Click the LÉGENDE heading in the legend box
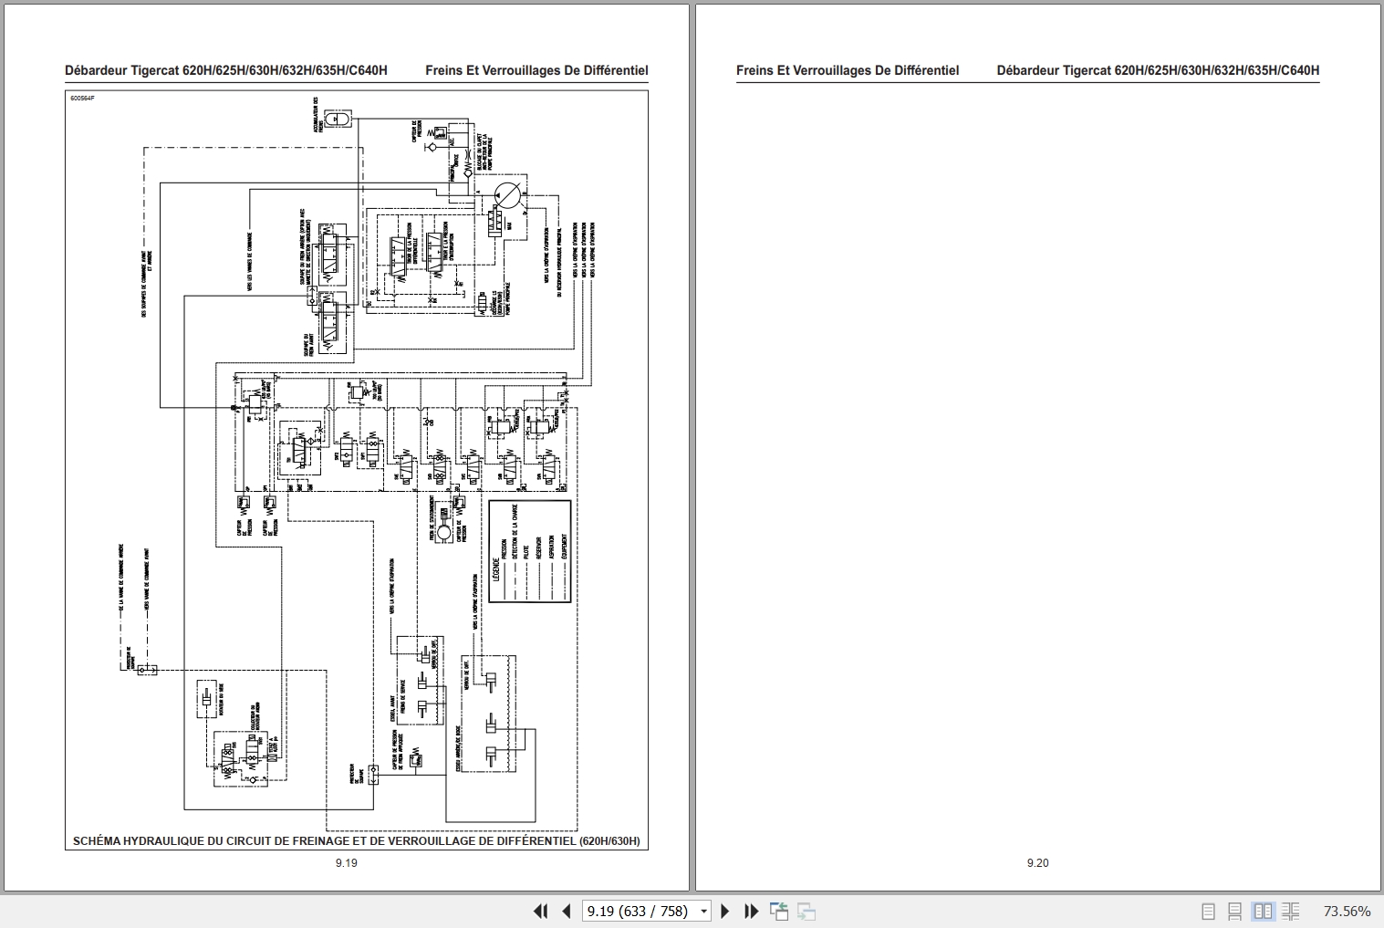[x=496, y=568]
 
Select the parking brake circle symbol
[x=444, y=532]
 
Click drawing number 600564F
[x=82, y=98]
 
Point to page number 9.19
[x=346, y=862]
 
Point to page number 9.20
[x=1037, y=862]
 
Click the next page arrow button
[x=725, y=911]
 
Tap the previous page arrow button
[x=567, y=911]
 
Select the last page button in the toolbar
[x=751, y=911]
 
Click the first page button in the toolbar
[x=540, y=911]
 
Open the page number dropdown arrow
[x=703, y=911]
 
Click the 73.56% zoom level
[x=1347, y=911]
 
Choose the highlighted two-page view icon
[x=1263, y=911]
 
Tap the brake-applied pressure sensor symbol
[x=416, y=756]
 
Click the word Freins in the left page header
[x=444, y=70]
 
